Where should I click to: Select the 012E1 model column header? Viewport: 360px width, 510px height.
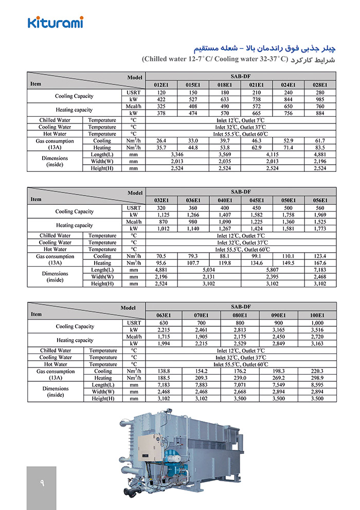coord(161,85)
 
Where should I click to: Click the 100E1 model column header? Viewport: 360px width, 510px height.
coord(317,315)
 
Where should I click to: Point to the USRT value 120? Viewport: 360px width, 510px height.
coord(161,92)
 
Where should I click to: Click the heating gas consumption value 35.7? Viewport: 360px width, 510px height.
coord(161,147)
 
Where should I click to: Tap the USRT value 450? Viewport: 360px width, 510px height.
coord(257,207)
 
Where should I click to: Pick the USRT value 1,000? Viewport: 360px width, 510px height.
coord(317,322)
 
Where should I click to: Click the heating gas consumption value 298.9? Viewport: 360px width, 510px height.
coord(317,377)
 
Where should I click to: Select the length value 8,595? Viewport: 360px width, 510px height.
coord(317,384)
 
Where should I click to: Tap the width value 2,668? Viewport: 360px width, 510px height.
coord(240,391)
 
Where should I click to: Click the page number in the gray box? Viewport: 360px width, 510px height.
coord(42,484)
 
